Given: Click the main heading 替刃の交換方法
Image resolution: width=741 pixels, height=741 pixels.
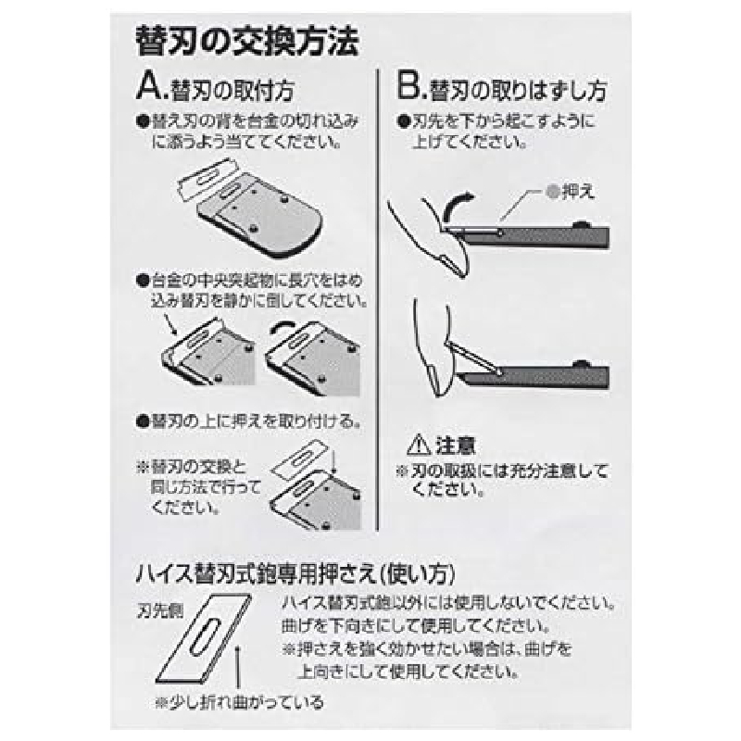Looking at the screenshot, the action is click(x=247, y=42).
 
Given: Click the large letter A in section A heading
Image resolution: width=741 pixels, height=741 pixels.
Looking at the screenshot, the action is click(x=149, y=87).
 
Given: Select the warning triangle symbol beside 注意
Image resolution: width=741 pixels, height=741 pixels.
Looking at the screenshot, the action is click(x=419, y=445).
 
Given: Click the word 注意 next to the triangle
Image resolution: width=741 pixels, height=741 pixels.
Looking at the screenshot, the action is click(x=455, y=446).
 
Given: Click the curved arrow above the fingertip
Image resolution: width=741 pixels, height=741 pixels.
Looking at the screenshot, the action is click(x=454, y=205).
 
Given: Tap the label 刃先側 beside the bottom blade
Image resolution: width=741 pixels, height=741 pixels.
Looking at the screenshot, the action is click(x=159, y=611).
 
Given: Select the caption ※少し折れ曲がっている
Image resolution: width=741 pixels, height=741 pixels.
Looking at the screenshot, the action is click(x=239, y=702).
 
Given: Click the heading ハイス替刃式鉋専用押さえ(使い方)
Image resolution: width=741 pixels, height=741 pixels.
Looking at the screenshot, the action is click(x=295, y=574).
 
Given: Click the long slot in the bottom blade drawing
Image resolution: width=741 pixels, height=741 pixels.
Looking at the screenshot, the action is click(x=205, y=637).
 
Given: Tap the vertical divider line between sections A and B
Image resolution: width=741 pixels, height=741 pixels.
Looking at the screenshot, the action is click(x=378, y=299).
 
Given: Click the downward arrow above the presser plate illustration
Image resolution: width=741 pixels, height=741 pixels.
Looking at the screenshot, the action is click(x=333, y=461).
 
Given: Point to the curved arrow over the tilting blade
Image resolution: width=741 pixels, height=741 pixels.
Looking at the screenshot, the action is click(x=284, y=328).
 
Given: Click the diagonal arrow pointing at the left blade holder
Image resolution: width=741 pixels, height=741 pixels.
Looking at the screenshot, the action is click(x=170, y=324).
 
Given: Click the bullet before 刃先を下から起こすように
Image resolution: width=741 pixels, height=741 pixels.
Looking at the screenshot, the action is click(x=403, y=122).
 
